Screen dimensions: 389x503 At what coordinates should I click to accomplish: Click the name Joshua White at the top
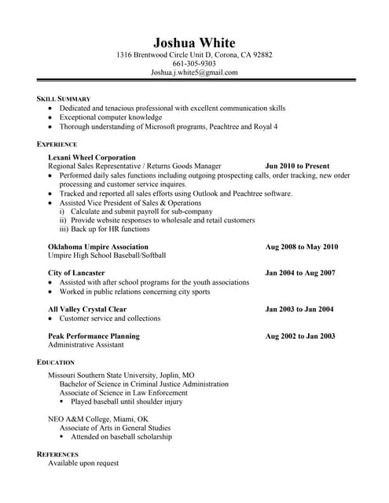pos(194,42)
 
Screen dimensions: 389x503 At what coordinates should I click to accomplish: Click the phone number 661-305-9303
pos(194,64)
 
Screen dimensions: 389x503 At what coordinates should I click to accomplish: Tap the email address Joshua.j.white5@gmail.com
pos(194,72)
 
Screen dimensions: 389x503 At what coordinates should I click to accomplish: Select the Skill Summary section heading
pos(65,98)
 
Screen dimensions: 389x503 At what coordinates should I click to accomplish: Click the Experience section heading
pos(57,145)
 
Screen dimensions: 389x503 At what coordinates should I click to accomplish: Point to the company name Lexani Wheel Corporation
pos(92,157)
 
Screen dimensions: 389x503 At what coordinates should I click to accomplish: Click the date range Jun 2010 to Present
pos(297,167)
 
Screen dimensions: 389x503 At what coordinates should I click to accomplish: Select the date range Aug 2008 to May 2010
pos(302,247)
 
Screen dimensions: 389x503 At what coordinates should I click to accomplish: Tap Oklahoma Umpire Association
pos(98,247)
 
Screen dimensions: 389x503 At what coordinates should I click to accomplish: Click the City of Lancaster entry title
pos(76,273)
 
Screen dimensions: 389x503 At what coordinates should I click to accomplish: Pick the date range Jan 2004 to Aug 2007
pos(300,273)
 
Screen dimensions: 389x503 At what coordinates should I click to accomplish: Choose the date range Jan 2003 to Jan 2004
pos(299,309)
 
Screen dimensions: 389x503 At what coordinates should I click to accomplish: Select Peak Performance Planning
pos(94,336)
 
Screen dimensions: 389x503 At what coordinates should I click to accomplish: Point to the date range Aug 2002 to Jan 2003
pos(300,336)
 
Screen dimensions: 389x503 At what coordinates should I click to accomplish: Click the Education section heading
pos(56,362)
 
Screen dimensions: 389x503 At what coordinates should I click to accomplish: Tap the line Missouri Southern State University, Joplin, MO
pos(121,375)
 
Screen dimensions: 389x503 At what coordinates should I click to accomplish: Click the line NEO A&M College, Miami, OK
pos(97,419)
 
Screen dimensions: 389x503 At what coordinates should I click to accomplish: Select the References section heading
pos(57,454)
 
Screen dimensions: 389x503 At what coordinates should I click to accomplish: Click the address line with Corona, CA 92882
pos(194,55)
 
